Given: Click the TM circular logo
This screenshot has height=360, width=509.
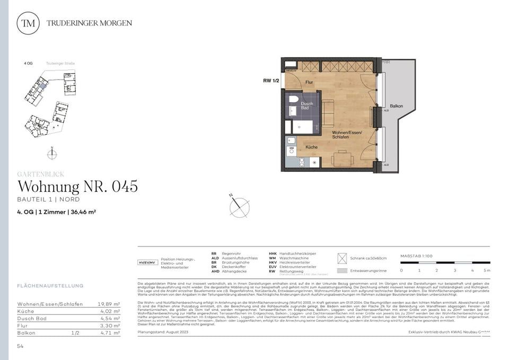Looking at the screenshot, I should click(28, 23).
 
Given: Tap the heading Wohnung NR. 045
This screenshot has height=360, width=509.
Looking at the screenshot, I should click(78, 187).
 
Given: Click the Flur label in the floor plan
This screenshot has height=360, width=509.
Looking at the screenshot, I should click(309, 83).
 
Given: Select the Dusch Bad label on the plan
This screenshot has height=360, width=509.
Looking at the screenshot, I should click(306, 106).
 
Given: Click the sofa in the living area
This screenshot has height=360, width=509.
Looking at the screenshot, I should click(328, 112).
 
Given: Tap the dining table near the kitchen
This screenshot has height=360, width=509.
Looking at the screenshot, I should click(342, 158).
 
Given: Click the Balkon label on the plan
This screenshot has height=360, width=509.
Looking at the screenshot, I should click(396, 106).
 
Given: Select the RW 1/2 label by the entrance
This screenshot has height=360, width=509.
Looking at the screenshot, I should click(271, 81).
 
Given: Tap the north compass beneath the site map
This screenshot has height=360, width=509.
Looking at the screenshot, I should click(52, 154).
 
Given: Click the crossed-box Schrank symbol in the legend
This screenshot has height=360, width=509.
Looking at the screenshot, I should click(342, 258).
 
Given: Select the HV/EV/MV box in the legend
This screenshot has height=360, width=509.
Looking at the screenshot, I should click(147, 262).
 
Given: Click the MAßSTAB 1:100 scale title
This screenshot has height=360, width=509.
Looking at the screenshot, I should click(417, 256).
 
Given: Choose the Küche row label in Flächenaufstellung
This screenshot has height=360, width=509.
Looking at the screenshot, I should click(26, 311).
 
